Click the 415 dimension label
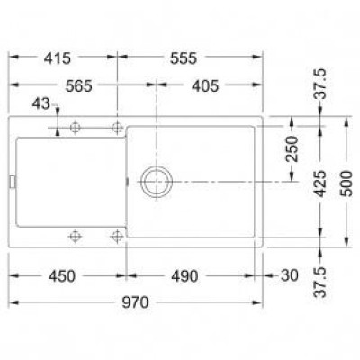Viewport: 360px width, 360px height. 58,58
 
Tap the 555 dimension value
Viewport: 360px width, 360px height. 184,58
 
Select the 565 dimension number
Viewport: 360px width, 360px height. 79,86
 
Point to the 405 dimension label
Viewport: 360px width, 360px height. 205,86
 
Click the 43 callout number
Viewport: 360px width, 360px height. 40,103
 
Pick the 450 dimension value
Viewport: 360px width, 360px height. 62,276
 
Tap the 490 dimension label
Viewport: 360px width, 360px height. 184,276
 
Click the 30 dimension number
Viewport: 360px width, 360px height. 290,275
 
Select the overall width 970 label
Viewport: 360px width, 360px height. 135,302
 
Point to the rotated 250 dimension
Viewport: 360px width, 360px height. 292,149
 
